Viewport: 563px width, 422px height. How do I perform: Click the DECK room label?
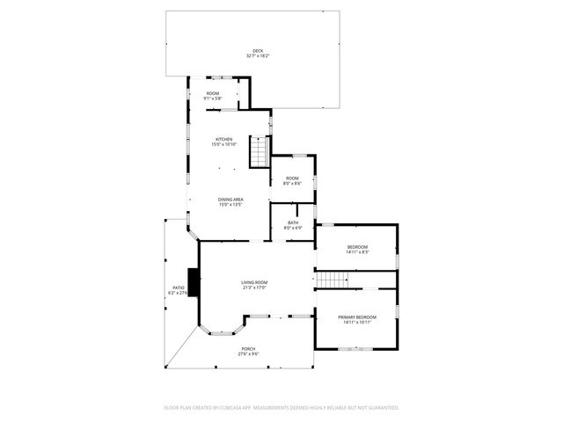click(x=258, y=51)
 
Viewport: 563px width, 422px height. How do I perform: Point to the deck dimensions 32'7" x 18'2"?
click(x=258, y=56)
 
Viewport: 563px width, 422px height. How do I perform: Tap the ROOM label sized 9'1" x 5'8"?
click(x=212, y=93)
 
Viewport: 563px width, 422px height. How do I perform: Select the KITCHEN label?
click(x=224, y=140)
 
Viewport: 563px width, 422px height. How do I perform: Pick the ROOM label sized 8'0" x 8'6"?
click(x=292, y=178)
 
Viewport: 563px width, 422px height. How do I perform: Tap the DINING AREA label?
click(x=230, y=200)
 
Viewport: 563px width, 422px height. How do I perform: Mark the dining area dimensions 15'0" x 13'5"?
click(x=230, y=205)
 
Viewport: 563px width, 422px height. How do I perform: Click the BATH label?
click(x=292, y=222)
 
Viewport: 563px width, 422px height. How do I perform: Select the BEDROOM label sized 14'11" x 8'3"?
click(x=357, y=246)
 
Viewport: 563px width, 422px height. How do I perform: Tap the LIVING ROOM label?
click(x=254, y=282)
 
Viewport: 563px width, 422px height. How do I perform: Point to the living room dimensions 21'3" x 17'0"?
click(x=254, y=287)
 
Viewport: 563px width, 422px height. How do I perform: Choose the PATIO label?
click(x=179, y=287)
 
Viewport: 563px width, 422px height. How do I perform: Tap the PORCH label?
click(x=249, y=348)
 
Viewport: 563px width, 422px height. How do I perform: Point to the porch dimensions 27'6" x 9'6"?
click(x=249, y=353)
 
